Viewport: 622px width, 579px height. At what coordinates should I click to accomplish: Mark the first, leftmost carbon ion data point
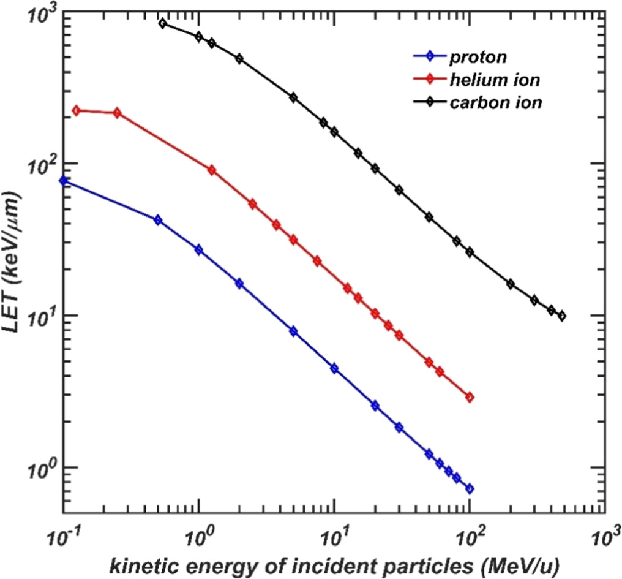(162, 23)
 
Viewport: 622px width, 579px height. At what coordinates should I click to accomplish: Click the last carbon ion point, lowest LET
(562, 316)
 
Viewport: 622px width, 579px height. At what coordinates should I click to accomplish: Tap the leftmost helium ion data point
(77, 110)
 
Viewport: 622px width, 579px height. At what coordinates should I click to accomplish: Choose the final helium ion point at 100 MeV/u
(470, 398)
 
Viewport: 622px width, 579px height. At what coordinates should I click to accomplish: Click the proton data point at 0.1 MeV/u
(63, 180)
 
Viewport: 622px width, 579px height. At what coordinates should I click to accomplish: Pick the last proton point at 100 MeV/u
(470, 488)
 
